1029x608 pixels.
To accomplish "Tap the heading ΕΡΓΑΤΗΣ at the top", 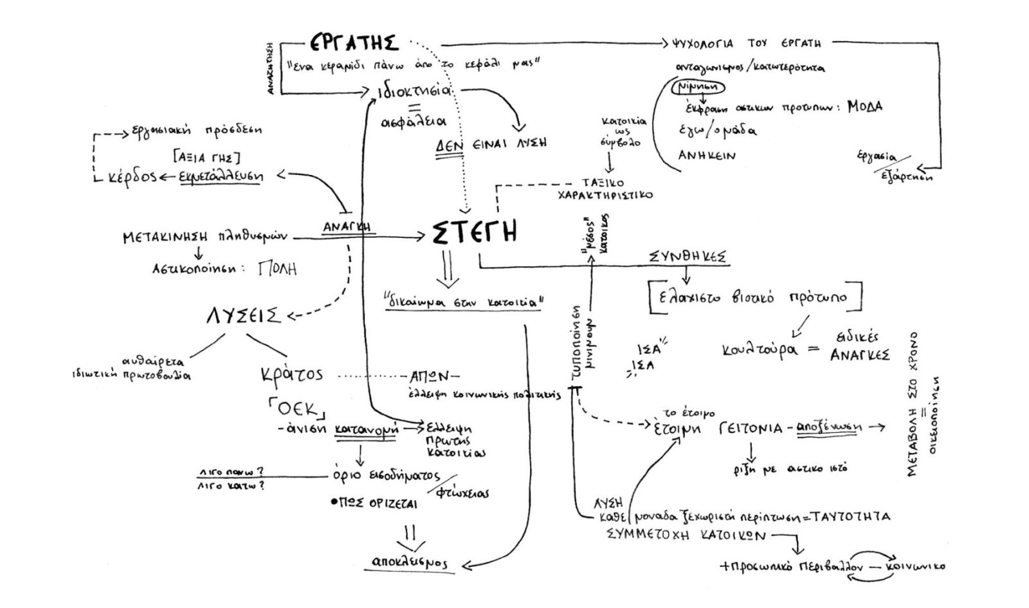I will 354,43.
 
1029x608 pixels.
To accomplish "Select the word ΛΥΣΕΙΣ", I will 243,317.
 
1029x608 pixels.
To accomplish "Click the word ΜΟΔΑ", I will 864,106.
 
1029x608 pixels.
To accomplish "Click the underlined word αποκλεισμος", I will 410,562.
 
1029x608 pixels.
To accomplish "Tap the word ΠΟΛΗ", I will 277,268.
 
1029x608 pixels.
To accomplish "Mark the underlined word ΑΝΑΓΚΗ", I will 350,227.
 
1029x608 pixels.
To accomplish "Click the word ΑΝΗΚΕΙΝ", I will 707,155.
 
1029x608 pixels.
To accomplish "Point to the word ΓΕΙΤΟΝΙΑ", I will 751,428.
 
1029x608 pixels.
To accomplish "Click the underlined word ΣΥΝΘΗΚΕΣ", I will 688,257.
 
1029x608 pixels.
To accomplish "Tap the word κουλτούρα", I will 759,350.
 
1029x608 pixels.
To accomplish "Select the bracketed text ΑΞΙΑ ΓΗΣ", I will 207,156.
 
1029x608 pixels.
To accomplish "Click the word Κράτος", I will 292,374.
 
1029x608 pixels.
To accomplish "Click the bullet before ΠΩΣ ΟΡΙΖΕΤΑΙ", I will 334,502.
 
